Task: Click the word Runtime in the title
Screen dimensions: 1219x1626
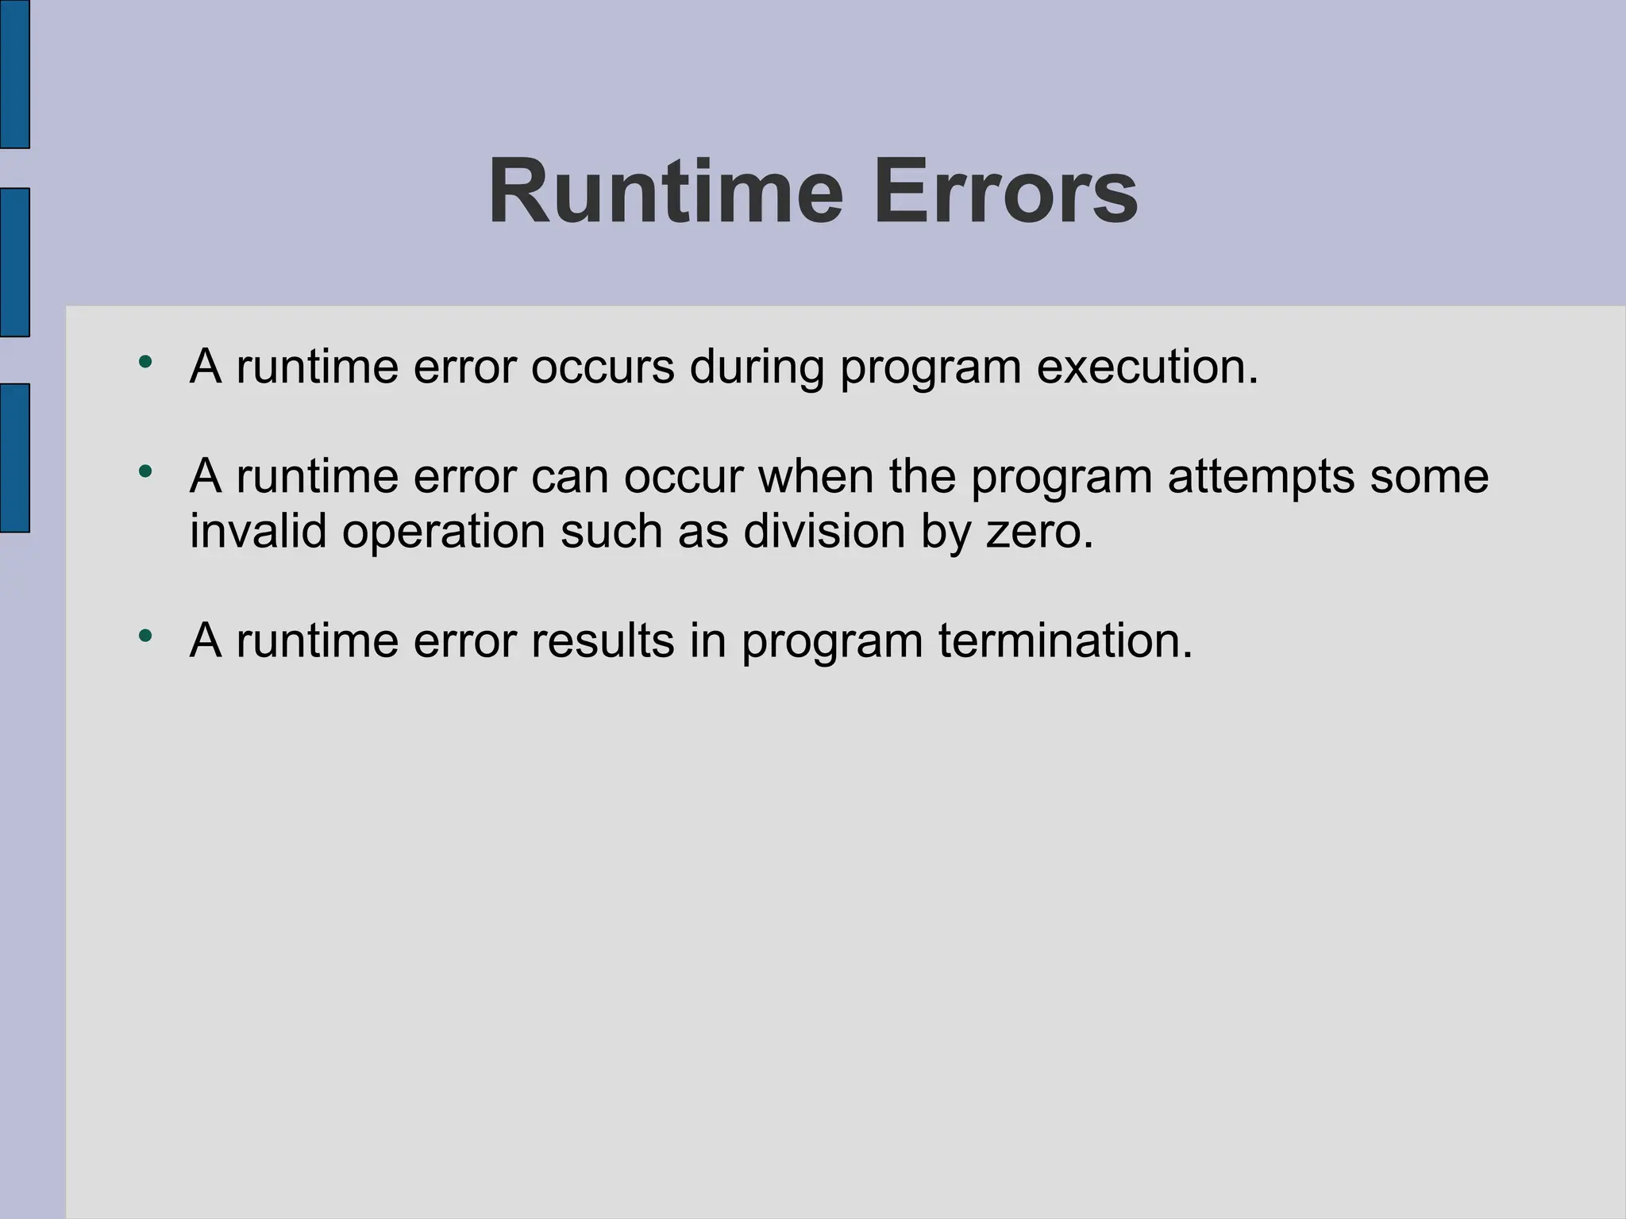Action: click(x=665, y=193)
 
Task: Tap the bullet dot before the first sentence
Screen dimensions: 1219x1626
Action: click(x=144, y=363)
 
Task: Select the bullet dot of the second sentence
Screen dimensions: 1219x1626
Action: click(x=144, y=472)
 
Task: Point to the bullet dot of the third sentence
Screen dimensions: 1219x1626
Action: click(x=144, y=636)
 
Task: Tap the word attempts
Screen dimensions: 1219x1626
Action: click(x=1261, y=476)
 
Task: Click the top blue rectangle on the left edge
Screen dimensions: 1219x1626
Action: click(x=14, y=74)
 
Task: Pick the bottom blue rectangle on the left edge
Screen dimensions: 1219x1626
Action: click(x=14, y=457)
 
